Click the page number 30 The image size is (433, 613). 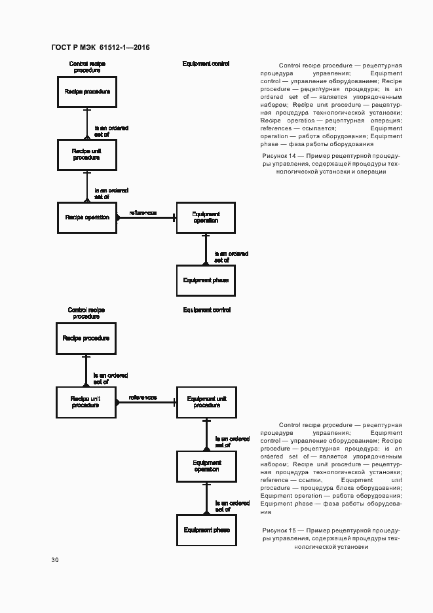click(55, 560)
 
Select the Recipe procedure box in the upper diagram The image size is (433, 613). click(87, 92)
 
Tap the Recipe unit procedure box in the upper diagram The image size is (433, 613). click(87, 155)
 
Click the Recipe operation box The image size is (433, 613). click(87, 217)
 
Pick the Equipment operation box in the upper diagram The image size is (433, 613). click(206, 217)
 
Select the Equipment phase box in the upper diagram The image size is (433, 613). click(206, 280)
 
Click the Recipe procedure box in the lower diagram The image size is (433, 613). click(86, 339)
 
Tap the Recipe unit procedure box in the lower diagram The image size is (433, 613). click(86, 401)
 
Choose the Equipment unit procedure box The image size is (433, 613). click(206, 401)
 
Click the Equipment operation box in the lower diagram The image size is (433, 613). click(206, 466)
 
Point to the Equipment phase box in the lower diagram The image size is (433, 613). click(206, 530)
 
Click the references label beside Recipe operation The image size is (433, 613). click(143, 213)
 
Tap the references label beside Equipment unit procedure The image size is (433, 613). click(143, 398)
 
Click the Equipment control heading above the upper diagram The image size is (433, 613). click(206, 64)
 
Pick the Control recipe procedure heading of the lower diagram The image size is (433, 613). click(86, 313)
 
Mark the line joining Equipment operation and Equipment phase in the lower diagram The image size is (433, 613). click(206, 498)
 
